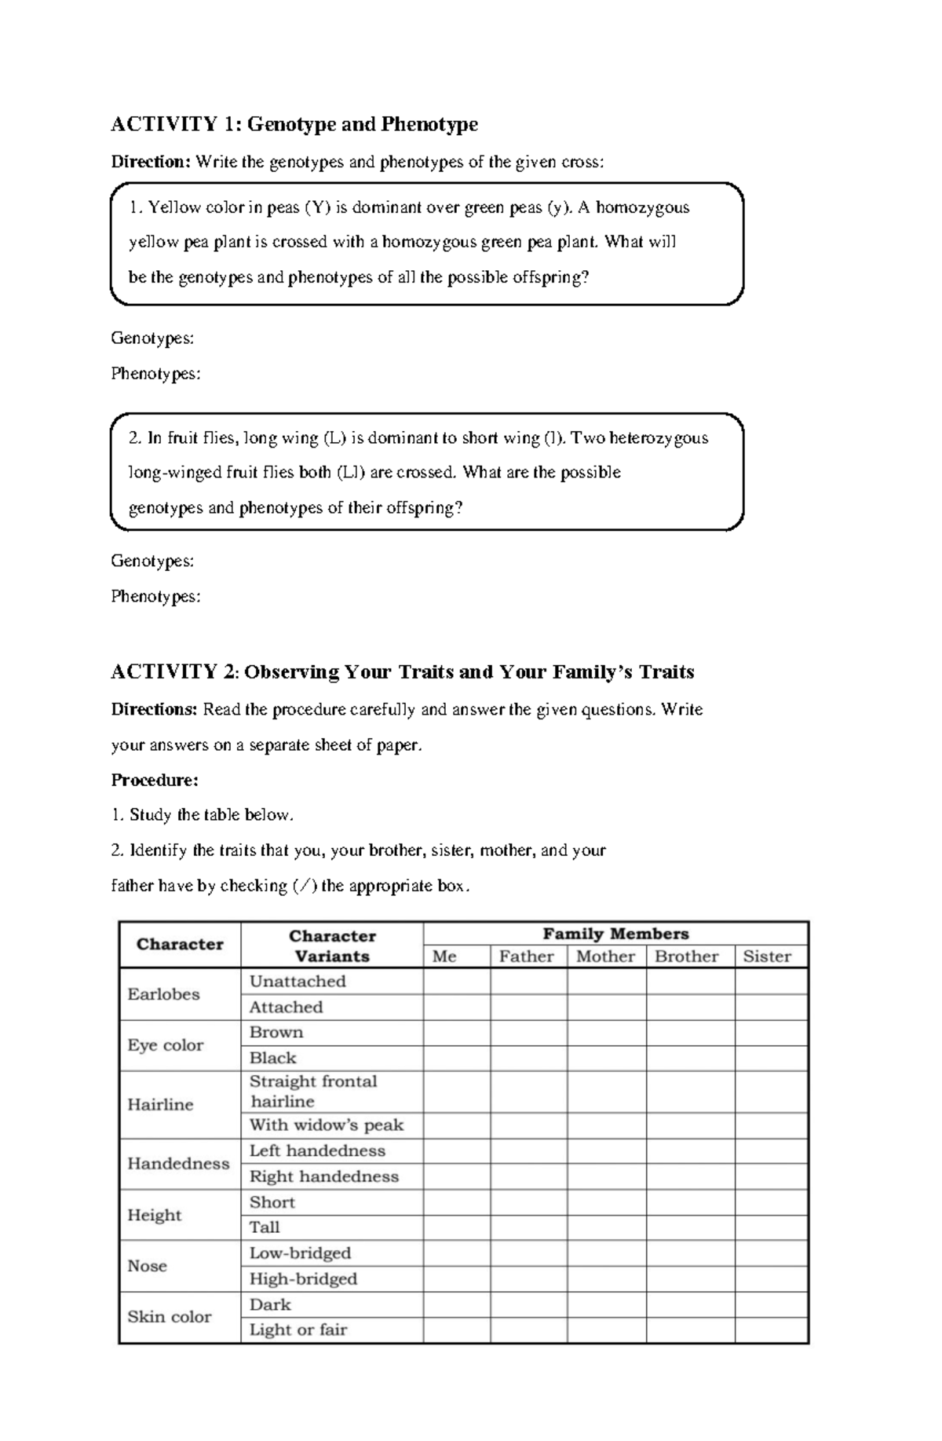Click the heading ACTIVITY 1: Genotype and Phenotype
(x=294, y=124)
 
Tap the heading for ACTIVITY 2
(x=402, y=672)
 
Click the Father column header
(x=527, y=956)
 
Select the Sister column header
(x=767, y=956)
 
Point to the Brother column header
(x=687, y=956)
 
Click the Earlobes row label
(x=164, y=994)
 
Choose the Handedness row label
(x=178, y=1164)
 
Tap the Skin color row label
(x=170, y=1317)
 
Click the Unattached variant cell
(x=298, y=982)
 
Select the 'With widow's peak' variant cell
(x=327, y=1125)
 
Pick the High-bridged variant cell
(x=303, y=1279)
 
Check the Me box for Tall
(x=457, y=1227)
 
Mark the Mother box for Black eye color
(x=607, y=1059)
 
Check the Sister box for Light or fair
(x=771, y=1330)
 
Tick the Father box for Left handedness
(x=528, y=1151)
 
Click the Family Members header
(x=615, y=934)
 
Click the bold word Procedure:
(x=155, y=781)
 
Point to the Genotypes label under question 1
(x=152, y=338)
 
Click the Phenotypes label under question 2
(x=155, y=597)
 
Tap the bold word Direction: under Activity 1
(x=151, y=163)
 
